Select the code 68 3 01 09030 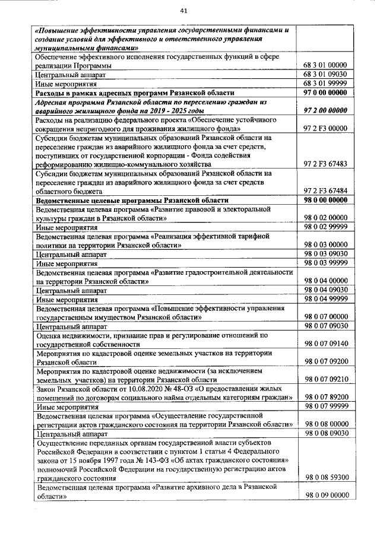click(325, 75)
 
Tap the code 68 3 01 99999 click(325, 84)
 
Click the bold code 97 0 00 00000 click(325, 93)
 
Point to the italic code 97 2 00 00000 click(325, 110)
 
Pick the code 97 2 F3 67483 click(325, 164)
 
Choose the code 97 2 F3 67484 click(325, 191)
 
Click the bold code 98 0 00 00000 click(325, 201)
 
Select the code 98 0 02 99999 click(325, 227)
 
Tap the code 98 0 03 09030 click(325, 253)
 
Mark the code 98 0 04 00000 click(325, 281)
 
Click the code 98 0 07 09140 click(325, 343)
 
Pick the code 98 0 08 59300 click(325, 477)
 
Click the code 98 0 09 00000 click(325, 495)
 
